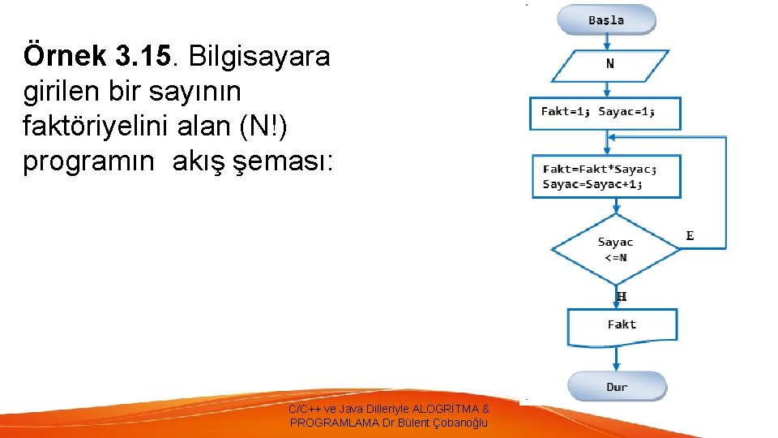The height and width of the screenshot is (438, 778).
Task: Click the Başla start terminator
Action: pos(606,20)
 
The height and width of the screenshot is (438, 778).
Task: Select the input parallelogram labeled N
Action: pos(609,65)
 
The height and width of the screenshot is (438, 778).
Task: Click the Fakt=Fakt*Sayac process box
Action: pos(605,176)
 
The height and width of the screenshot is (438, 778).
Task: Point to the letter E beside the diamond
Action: pos(690,236)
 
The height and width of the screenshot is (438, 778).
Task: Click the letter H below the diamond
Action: pos(622,297)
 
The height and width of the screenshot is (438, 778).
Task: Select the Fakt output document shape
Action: pos(622,326)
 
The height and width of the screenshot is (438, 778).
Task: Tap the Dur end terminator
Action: pos(617,387)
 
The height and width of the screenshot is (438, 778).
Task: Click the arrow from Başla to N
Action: pos(606,42)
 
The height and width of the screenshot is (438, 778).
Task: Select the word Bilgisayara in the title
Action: pos(259,57)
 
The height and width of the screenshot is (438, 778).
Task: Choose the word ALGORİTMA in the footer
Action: pos(445,410)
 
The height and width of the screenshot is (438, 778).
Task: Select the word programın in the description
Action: pos(88,162)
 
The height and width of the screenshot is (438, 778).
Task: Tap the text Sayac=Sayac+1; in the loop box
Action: pos(592,184)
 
